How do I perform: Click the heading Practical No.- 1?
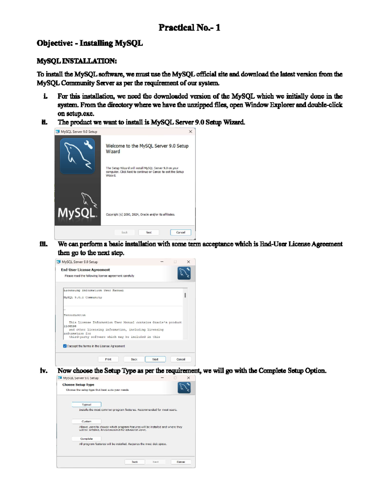pyautogui.click(x=189, y=28)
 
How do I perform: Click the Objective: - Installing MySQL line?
pyautogui.click(x=89, y=43)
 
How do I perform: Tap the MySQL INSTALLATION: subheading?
pyautogui.click(x=77, y=61)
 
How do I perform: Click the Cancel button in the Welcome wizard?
pyautogui.click(x=180, y=232)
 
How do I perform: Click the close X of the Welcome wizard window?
pyautogui.click(x=190, y=132)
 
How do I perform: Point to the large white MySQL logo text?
pyautogui.click(x=77, y=213)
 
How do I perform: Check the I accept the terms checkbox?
pyautogui.click(x=65, y=346)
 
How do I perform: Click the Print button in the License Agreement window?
pyautogui.click(x=108, y=359)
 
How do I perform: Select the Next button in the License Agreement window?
pyautogui.click(x=155, y=359)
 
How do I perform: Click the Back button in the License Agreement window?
pyautogui.click(x=134, y=359)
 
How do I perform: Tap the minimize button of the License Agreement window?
pyautogui.click(x=162, y=262)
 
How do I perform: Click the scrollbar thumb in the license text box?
pyautogui.click(x=185, y=295)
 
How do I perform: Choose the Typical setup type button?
pyautogui.click(x=86, y=405)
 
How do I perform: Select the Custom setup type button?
pyautogui.click(x=86, y=421)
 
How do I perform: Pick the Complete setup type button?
pyautogui.click(x=86, y=439)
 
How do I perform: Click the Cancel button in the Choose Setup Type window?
pyautogui.click(x=181, y=462)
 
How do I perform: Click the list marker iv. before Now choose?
pyautogui.click(x=44, y=371)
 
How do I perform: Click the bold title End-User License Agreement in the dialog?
pyautogui.click(x=85, y=270)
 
